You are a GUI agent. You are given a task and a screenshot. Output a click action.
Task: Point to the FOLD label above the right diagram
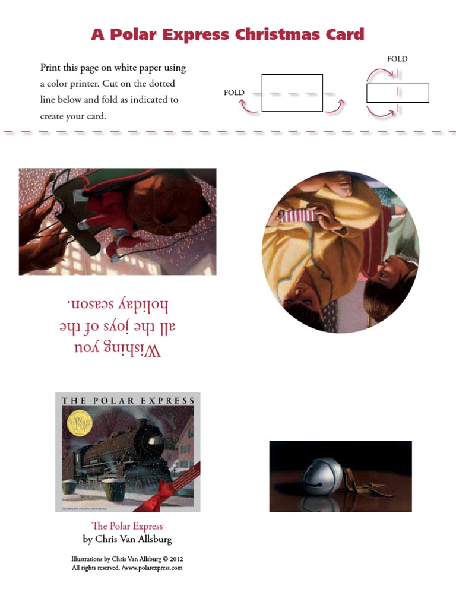point(397,59)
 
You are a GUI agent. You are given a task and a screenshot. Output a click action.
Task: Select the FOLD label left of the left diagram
point(234,93)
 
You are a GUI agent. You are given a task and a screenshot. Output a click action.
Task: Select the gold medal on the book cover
point(77,422)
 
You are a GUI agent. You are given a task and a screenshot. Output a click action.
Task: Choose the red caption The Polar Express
point(126,526)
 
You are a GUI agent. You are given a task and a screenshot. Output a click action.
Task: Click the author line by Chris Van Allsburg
point(127,540)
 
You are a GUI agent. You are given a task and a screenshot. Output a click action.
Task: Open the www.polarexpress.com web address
point(151,568)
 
